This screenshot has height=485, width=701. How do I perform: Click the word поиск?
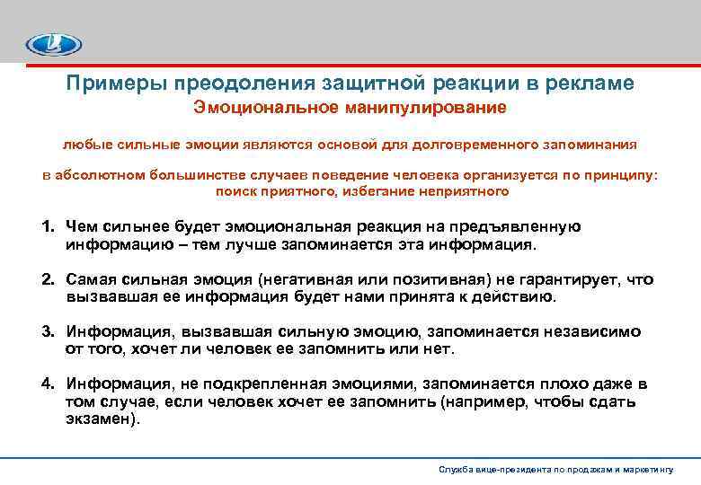(x=235, y=191)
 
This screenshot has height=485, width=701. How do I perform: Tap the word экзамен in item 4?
(x=100, y=418)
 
